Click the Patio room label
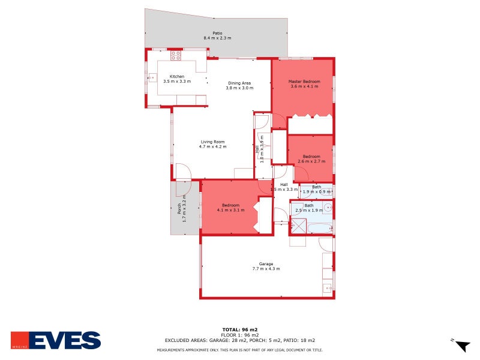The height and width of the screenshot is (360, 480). [x=217, y=33]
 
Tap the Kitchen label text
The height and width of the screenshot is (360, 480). [x=176, y=76]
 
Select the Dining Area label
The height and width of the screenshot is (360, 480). [x=239, y=83]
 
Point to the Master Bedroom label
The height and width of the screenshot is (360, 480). [x=303, y=81]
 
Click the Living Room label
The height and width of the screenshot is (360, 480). [x=212, y=142]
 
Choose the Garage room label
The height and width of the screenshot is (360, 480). [x=266, y=263]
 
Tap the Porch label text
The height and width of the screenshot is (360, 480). [x=179, y=209]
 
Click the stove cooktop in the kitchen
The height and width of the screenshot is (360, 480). [x=176, y=55]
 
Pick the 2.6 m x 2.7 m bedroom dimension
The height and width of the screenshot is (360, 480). [x=311, y=161]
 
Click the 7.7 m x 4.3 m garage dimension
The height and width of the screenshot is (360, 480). [x=266, y=268]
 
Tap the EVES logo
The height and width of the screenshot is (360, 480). [x=56, y=340]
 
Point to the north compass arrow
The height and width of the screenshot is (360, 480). [x=462, y=346]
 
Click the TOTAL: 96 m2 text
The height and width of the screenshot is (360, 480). [x=240, y=329]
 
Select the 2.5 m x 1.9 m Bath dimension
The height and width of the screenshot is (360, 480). [x=308, y=210]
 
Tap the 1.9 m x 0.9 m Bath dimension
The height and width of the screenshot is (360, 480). [x=316, y=191]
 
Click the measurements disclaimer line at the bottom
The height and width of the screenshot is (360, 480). [x=240, y=350]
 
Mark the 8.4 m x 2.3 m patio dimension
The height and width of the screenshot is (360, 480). [x=217, y=38]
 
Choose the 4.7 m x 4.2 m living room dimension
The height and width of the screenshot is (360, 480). [x=212, y=146]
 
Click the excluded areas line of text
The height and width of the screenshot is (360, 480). [x=240, y=340]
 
